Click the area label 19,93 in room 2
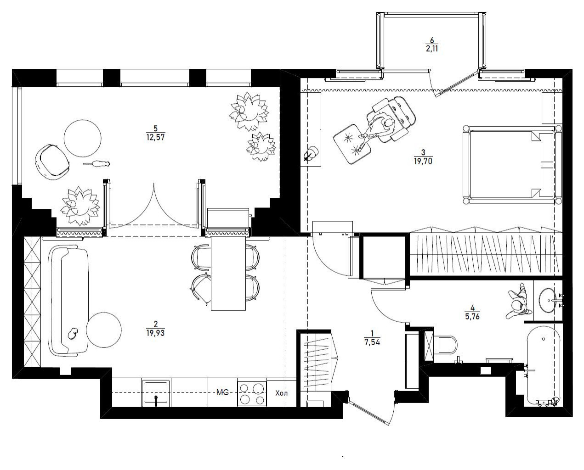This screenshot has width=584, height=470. point(155,333)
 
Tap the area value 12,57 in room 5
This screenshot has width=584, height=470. point(155,137)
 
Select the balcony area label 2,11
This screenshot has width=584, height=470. point(432,49)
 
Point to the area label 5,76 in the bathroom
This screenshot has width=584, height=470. point(472,316)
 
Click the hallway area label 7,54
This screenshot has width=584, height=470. point(372,342)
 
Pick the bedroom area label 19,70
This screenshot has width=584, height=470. point(423,162)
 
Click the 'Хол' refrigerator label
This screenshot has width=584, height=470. point(281,393)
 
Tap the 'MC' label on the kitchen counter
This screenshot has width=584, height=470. point(222,392)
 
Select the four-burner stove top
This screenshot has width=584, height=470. point(252,393)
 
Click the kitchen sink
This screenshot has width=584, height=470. point(156,393)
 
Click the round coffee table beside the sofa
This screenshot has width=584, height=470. point(104,330)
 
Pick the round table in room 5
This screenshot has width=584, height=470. point(83,138)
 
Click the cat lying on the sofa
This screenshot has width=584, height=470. point(73,333)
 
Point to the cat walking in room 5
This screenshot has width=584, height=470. point(97,164)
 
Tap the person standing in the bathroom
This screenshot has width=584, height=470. point(517,302)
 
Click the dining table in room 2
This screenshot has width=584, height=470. point(228,273)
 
